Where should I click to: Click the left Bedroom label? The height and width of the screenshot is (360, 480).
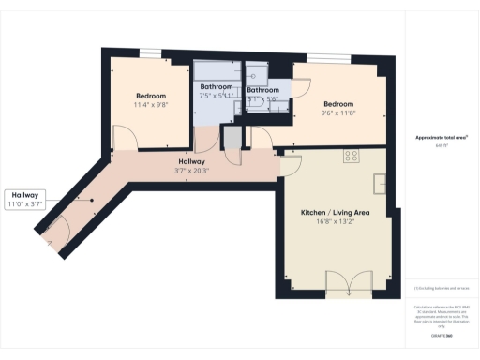pos(150,97)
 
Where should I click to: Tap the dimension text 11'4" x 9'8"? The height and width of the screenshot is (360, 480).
pos(150,106)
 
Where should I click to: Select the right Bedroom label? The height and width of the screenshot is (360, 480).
pos(338,104)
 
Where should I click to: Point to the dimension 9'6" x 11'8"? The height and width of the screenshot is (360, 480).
pos(338,113)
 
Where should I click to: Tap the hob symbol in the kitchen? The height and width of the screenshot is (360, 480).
pos(352,157)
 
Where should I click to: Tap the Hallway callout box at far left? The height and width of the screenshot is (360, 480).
pos(25,200)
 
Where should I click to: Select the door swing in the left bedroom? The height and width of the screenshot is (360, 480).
pos(126,138)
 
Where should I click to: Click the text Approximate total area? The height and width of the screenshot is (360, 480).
pos(435,138)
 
